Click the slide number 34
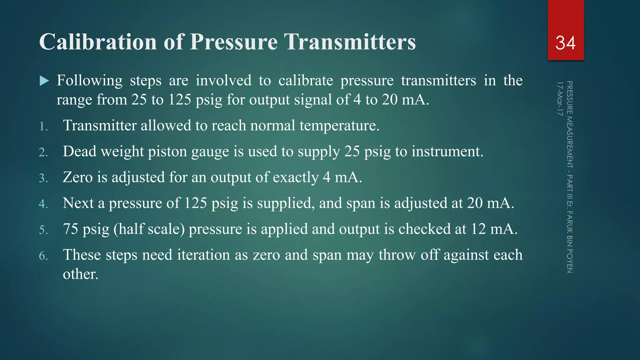(x=565, y=43)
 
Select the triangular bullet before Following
(x=44, y=81)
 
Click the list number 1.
(x=43, y=127)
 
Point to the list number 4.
(x=43, y=204)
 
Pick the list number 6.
(x=43, y=256)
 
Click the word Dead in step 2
(x=79, y=151)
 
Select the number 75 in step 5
(x=70, y=229)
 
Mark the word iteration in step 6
(x=203, y=255)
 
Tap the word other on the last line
(x=80, y=274)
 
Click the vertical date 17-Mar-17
(x=560, y=98)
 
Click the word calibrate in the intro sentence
(x=306, y=81)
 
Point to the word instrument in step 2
(x=447, y=151)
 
